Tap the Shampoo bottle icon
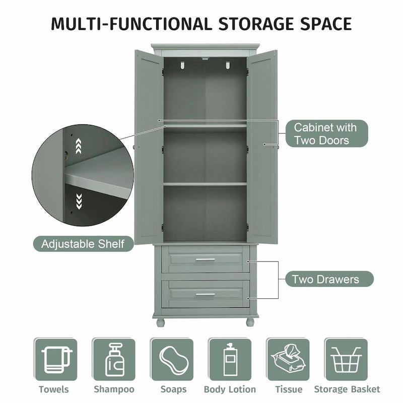pos(114,359)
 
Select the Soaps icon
pos(172,359)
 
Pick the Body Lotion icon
pos(230,359)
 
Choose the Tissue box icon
pos(288,359)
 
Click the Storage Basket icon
pos(346,359)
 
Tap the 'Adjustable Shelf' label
pos(83,244)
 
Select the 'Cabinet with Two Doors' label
pos(325,133)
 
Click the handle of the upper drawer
pos(205,259)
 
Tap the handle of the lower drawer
pos(205,294)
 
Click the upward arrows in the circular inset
pos(78,147)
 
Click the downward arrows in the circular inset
pos(78,201)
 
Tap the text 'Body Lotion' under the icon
pos(230,389)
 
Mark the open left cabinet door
pos(149,146)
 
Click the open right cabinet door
pos(262,146)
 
